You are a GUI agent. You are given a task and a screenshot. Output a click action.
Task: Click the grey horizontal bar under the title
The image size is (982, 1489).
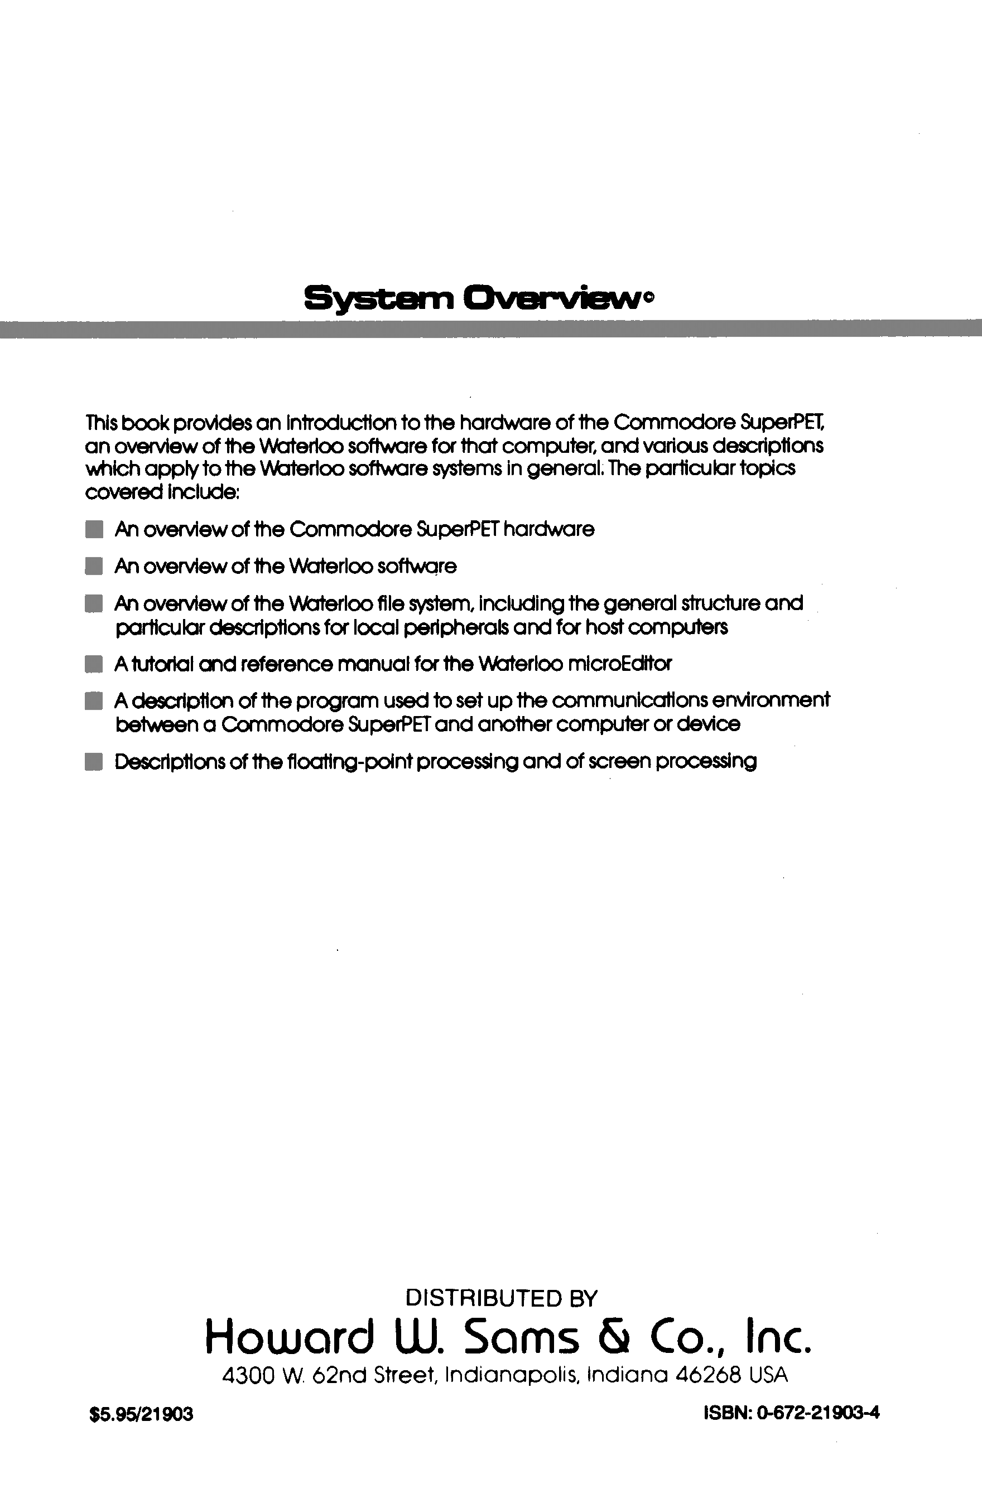tap(491, 329)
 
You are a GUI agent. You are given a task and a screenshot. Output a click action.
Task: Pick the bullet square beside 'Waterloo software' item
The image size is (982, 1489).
tap(93, 567)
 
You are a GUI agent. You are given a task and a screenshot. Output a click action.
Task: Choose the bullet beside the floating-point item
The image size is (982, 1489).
tap(93, 762)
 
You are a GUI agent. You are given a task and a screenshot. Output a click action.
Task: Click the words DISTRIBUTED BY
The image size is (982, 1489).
tap(501, 1298)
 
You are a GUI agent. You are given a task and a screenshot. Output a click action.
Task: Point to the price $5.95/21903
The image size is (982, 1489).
tap(142, 1414)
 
